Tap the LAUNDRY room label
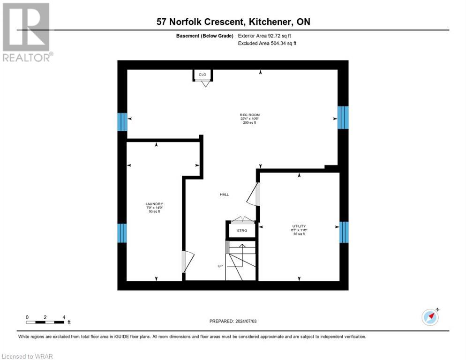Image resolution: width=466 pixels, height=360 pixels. pyautogui.click(x=154, y=203)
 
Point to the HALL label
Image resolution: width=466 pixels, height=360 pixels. pyautogui.click(x=225, y=194)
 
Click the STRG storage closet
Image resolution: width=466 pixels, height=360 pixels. pyautogui.click(x=241, y=231)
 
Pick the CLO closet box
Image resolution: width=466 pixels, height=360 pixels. pyautogui.click(x=203, y=75)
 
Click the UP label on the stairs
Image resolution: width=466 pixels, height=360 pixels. pyautogui.click(x=220, y=266)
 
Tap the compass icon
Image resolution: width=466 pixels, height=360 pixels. pyautogui.click(x=430, y=317)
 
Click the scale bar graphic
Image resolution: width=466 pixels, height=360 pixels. pyautogui.click(x=45, y=322)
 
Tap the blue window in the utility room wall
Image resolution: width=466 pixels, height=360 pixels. pyautogui.click(x=344, y=232)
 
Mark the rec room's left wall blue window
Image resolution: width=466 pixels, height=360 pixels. pyautogui.click(x=122, y=122)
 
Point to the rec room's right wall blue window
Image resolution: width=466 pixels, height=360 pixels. pyautogui.click(x=343, y=117)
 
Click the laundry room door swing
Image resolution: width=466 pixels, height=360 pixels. pyautogui.click(x=187, y=262)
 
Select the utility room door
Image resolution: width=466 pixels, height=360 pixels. pyautogui.click(x=253, y=194)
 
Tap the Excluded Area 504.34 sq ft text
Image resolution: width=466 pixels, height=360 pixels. pyautogui.click(x=266, y=43)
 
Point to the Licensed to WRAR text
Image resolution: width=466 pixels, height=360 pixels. pyautogui.click(x=28, y=356)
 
